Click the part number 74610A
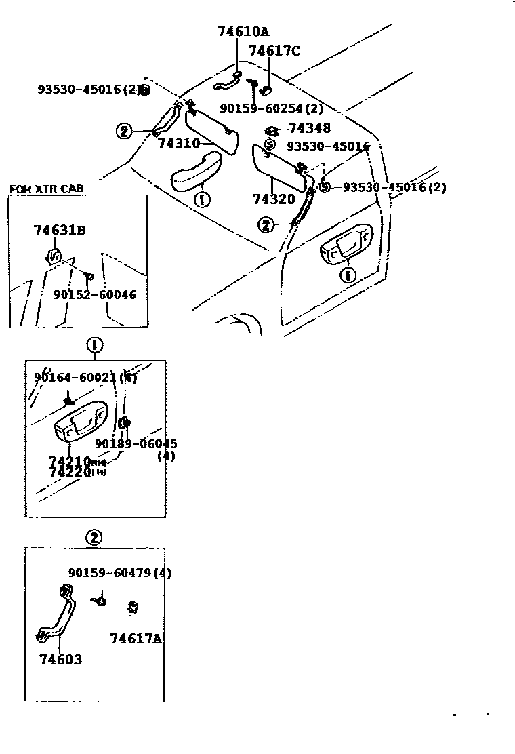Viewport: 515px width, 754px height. point(243,31)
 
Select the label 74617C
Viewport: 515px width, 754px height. point(274,51)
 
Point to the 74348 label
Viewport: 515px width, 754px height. point(309,128)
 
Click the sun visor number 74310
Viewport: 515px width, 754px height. point(178,144)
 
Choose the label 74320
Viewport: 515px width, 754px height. point(274,199)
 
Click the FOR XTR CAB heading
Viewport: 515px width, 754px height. point(47,188)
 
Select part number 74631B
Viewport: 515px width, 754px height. point(60,230)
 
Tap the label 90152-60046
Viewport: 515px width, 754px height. point(94,295)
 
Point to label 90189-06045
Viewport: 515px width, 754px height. point(136,443)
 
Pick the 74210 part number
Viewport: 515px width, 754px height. point(70,462)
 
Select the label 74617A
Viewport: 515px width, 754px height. point(136,639)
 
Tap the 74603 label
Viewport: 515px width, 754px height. point(60,659)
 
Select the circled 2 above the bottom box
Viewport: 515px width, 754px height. point(94,538)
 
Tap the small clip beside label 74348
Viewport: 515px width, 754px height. point(270,130)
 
